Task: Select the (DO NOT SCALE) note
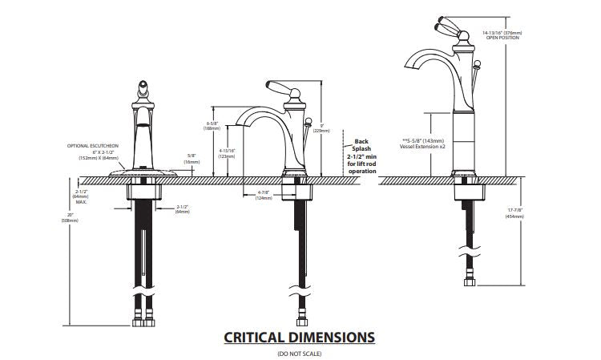(x=299, y=353)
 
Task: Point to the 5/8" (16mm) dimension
(x=192, y=159)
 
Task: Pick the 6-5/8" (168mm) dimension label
(x=212, y=125)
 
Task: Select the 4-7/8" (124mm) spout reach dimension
(x=264, y=195)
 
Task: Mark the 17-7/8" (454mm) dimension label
(x=514, y=213)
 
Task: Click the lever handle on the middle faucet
(x=275, y=87)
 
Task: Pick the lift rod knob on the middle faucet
(x=307, y=123)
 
